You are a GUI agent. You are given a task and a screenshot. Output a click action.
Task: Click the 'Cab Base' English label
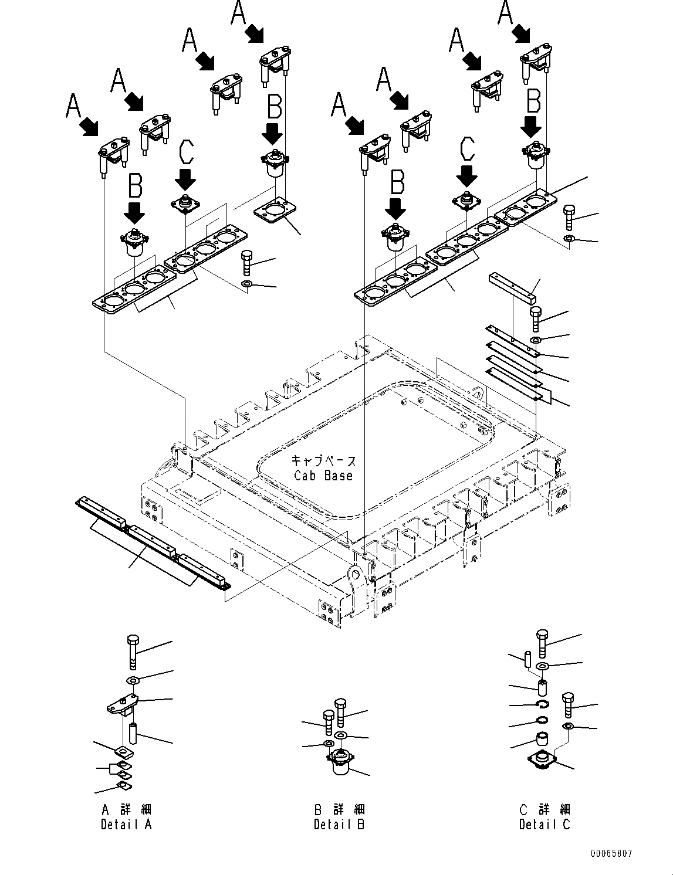tap(323, 475)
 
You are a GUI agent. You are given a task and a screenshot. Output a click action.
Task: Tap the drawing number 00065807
tap(611, 854)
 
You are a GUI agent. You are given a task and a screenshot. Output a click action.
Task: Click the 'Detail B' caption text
tap(339, 824)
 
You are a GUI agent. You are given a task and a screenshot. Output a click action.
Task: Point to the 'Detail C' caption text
tap(545, 824)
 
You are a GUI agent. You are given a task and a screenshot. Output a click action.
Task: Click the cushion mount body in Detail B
tap(340, 762)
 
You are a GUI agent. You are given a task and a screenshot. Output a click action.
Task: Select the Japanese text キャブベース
tap(324, 461)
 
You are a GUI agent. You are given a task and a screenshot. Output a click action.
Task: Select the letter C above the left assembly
tap(185, 153)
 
